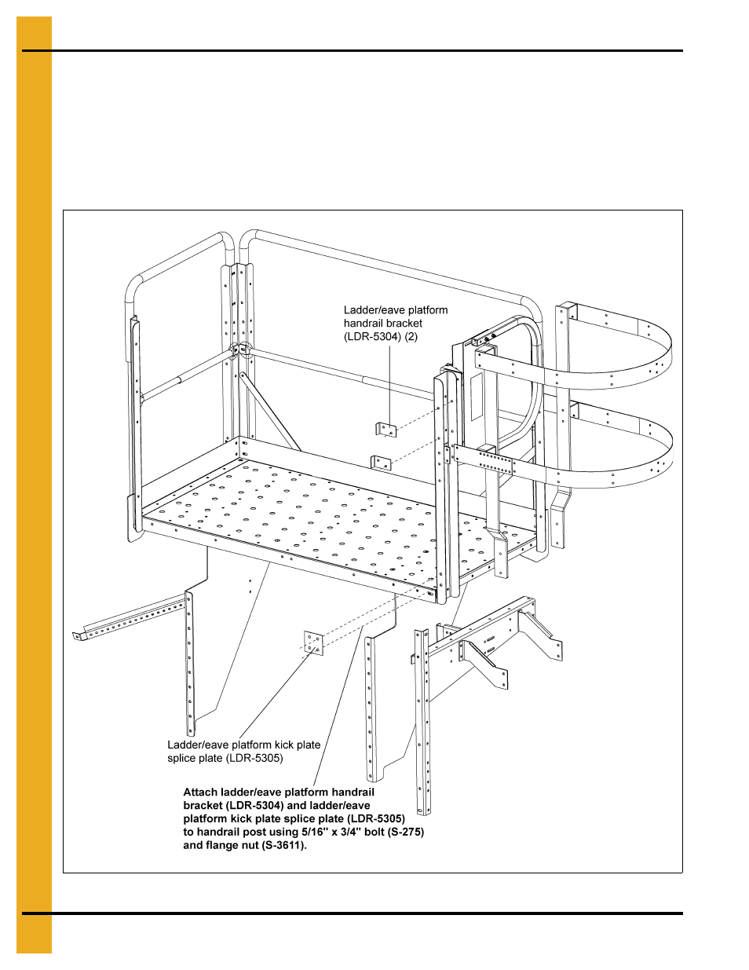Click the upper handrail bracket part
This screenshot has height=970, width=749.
[385, 429]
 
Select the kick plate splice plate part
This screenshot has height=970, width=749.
[313, 642]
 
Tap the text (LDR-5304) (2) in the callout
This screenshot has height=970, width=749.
[381, 336]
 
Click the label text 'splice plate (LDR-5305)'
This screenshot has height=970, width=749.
[225, 758]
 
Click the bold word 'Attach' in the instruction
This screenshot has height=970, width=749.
[200, 792]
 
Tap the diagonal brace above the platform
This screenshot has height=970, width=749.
[271, 412]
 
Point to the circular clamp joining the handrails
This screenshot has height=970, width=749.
[240, 349]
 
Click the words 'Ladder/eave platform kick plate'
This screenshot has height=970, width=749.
[243, 745]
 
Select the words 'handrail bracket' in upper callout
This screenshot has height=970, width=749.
[382, 323]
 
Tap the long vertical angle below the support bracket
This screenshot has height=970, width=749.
[424, 723]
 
